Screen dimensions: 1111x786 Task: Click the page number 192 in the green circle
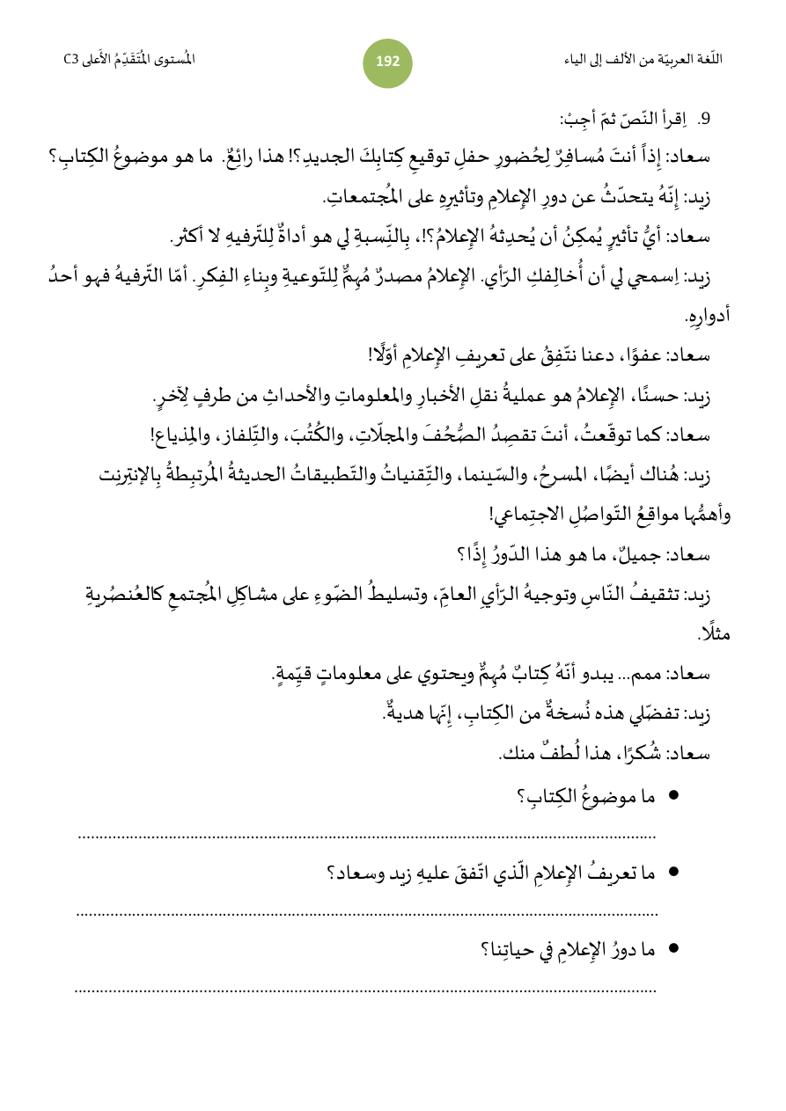[387, 62]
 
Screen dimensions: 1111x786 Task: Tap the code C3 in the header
[71, 60]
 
